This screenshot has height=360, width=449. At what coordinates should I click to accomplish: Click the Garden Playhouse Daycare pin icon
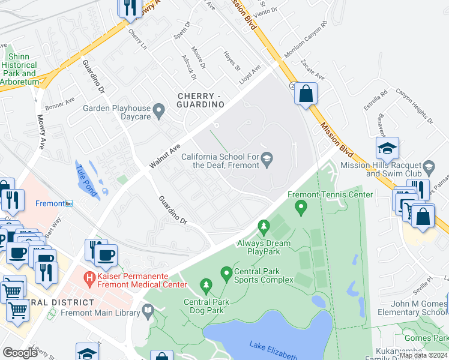[x=159, y=109]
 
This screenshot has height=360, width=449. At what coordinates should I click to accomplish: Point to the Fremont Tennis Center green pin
[x=301, y=207]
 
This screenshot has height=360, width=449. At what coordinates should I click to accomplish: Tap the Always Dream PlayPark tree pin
[x=263, y=227]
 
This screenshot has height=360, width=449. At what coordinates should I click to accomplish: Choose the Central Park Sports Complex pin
[x=226, y=274]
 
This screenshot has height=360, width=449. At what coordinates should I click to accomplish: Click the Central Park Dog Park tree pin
[x=206, y=284]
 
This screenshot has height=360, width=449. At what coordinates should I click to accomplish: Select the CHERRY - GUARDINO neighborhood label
[x=200, y=100]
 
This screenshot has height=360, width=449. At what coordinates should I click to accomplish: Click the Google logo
[x=20, y=353]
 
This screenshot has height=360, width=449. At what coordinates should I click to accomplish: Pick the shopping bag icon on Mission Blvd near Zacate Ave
[x=306, y=94]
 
